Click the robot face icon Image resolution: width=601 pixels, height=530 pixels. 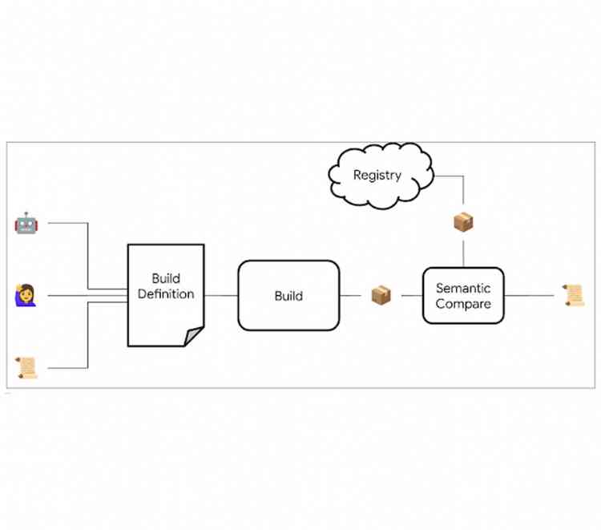(x=26, y=223)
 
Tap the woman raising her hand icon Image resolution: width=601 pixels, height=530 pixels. (x=26, y=295)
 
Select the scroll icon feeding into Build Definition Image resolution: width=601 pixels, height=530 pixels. (x=26, y=368)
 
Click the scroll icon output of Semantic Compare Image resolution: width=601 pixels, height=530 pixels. (x=572, y=295)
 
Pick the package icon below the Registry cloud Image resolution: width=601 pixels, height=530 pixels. (x=464, y=222)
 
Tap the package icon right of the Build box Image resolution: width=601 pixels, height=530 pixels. (x=381, y=295)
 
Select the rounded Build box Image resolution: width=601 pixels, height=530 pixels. (x=288, y=296)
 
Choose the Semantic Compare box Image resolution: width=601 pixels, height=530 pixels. (x=463, y=296)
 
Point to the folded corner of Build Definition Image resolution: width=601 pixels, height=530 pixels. (x=194, y=336)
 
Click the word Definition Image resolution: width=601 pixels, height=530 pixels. (x=166, y=294)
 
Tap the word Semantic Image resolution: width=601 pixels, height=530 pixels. (x=463, y=288)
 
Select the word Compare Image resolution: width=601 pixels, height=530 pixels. (x=463, y=304)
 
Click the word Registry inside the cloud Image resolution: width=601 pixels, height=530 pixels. (x=377, y=175)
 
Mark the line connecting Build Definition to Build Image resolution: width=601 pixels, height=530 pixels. (x=221, y=295)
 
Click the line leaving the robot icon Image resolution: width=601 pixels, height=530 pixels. (x=68, y=223)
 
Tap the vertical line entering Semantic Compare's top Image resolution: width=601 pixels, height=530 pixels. (x=464, y=253)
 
